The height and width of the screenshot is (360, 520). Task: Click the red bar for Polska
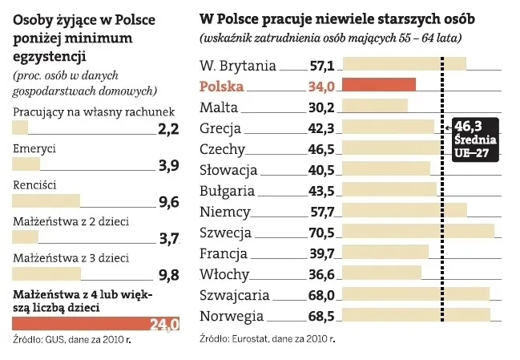378,85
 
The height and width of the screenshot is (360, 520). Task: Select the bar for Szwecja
417,233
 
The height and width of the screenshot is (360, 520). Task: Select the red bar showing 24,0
95,324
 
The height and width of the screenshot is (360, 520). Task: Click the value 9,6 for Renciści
168,202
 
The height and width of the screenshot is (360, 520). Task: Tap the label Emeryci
34,149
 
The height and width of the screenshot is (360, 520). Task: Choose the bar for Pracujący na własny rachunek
21,127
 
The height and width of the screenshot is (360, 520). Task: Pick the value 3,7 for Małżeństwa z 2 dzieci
168,238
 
